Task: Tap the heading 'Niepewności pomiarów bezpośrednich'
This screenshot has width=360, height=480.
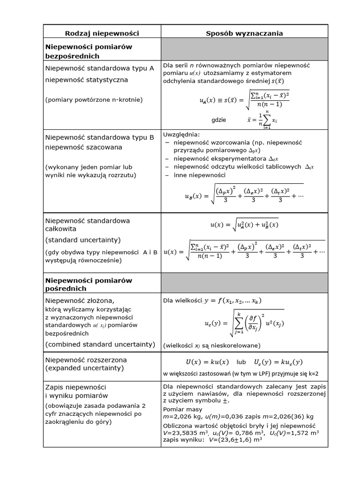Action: click(89, 51)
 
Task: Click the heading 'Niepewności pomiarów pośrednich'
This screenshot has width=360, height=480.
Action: click(89, 284)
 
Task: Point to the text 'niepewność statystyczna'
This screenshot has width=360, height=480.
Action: click(87, 80)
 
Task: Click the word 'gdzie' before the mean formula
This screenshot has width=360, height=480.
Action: click(218, 120)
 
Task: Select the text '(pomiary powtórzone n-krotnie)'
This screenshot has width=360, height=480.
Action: click(94, 99)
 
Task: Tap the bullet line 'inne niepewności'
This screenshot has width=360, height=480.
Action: click(199, 175)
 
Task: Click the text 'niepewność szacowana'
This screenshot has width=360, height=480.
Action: click(83, 147)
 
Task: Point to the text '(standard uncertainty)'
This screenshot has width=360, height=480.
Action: click(83, 240)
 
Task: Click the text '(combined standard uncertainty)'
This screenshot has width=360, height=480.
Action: click(100, 344)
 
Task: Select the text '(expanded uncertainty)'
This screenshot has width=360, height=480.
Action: click(84, 368)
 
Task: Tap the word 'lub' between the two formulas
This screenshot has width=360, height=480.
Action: click(241, 362)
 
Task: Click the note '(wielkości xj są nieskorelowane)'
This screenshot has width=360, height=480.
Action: click(211, 345)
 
